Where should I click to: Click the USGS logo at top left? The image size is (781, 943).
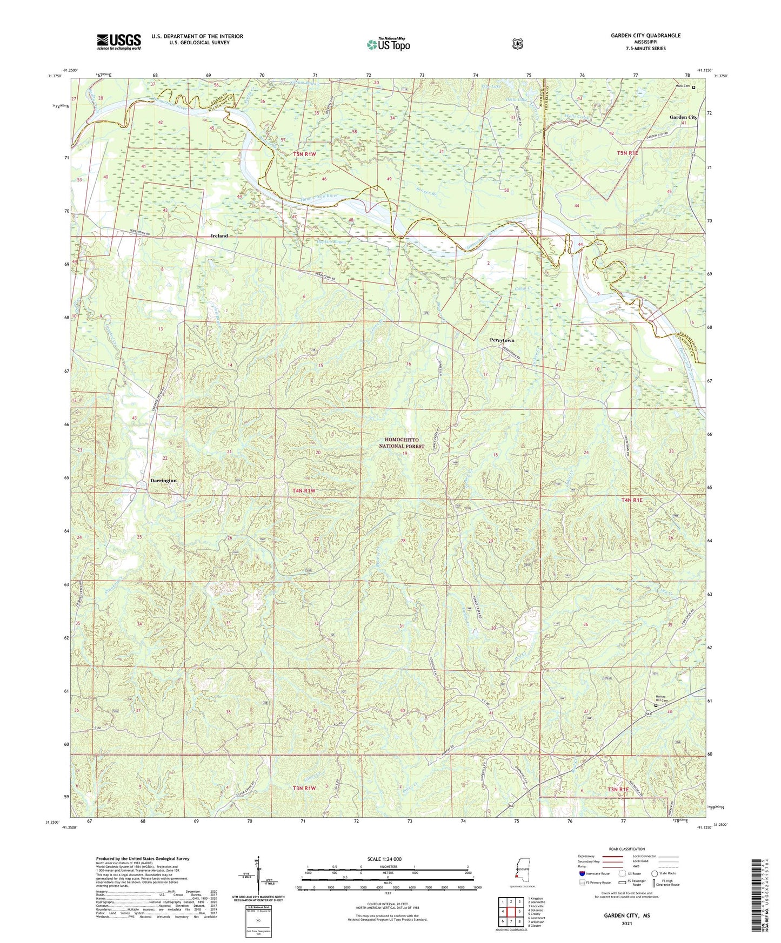point(119,42)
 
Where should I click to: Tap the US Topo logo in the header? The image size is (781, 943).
point(388,44)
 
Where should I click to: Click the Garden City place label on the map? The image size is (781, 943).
point(683,117)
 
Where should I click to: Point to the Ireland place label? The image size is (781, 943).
point(219,236)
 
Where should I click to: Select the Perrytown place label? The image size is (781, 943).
point(502,340)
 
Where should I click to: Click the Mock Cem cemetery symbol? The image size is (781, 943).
point(694,87)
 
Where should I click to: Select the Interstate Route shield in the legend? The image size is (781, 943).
point(582,873)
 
